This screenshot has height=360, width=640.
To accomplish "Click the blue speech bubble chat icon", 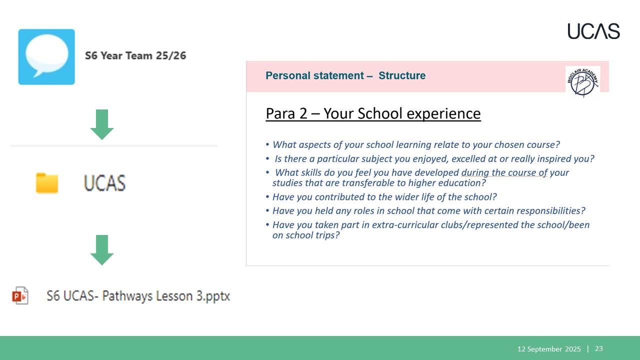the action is click(46, 57).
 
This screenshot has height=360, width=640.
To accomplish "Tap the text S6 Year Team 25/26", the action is click(135, 55).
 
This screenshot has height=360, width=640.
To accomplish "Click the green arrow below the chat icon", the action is click(102, 124).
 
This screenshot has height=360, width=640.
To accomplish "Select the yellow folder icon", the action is click(47, 183).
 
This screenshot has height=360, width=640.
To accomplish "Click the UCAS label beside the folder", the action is click(104, 183).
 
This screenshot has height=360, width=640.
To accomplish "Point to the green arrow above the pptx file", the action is click(102, 250).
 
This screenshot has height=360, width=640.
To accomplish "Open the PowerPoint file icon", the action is click(20, 295).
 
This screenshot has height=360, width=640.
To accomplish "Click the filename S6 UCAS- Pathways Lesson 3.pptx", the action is click(138, 296).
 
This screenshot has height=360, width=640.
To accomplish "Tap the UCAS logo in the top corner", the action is click(593, 31).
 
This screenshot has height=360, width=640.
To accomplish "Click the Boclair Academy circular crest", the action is click(582, 82).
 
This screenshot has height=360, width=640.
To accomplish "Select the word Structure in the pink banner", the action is click(402, 75).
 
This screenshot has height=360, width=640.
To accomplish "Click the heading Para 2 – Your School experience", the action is click(373, 113).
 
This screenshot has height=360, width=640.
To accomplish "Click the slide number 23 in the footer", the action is click(599, 348).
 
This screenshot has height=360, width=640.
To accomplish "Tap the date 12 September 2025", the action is click(549, 349).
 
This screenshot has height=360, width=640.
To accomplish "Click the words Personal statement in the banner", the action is click(314, 75).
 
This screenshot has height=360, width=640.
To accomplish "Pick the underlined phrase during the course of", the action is click(504, 172).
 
